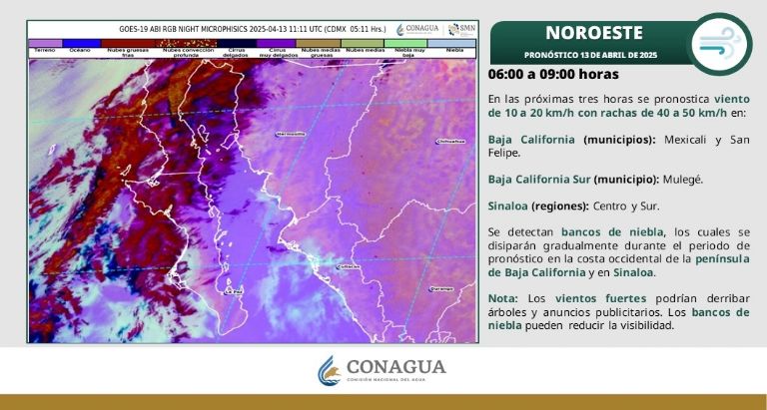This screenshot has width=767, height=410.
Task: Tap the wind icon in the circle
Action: [720, 44]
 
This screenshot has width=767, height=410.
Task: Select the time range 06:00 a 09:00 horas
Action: [553, 75]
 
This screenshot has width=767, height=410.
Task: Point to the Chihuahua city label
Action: [451, 142]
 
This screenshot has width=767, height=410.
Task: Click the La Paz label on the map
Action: [236, 292]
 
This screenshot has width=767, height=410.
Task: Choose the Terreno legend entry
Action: [44, 47]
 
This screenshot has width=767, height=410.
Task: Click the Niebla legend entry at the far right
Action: [454, 47]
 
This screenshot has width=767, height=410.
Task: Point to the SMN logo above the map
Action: [461, 29]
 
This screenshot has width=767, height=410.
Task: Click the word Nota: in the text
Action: [502, 298]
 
